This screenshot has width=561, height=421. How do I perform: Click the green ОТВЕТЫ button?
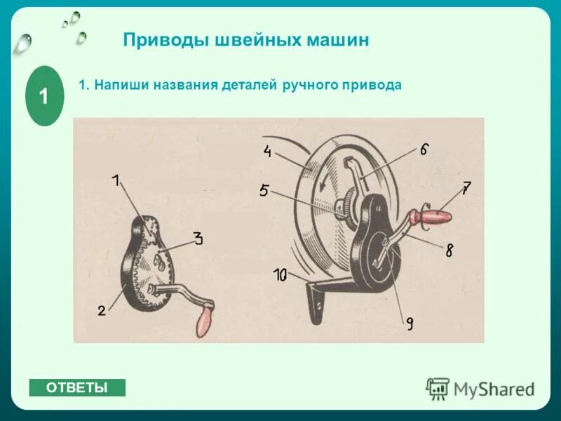point(77,387)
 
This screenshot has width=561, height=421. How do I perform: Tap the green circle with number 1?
point(44,96)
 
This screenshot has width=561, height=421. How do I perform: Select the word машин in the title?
point(337,40)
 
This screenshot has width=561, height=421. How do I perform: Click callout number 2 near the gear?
point(102,310)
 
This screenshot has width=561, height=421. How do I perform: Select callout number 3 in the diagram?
point(198,239)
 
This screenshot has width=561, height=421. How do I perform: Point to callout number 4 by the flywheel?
point(268,151)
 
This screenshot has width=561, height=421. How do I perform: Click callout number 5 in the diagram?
point(264,189)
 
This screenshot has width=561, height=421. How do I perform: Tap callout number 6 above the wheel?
point(424,149)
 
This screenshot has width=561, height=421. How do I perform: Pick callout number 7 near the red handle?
point(466,187)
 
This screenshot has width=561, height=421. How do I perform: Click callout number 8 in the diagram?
point(449,250)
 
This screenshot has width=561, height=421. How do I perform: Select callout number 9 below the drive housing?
point(409,323)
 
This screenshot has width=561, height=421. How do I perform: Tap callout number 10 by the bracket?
point(280,276)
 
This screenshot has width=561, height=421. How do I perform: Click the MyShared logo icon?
point(438,388)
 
